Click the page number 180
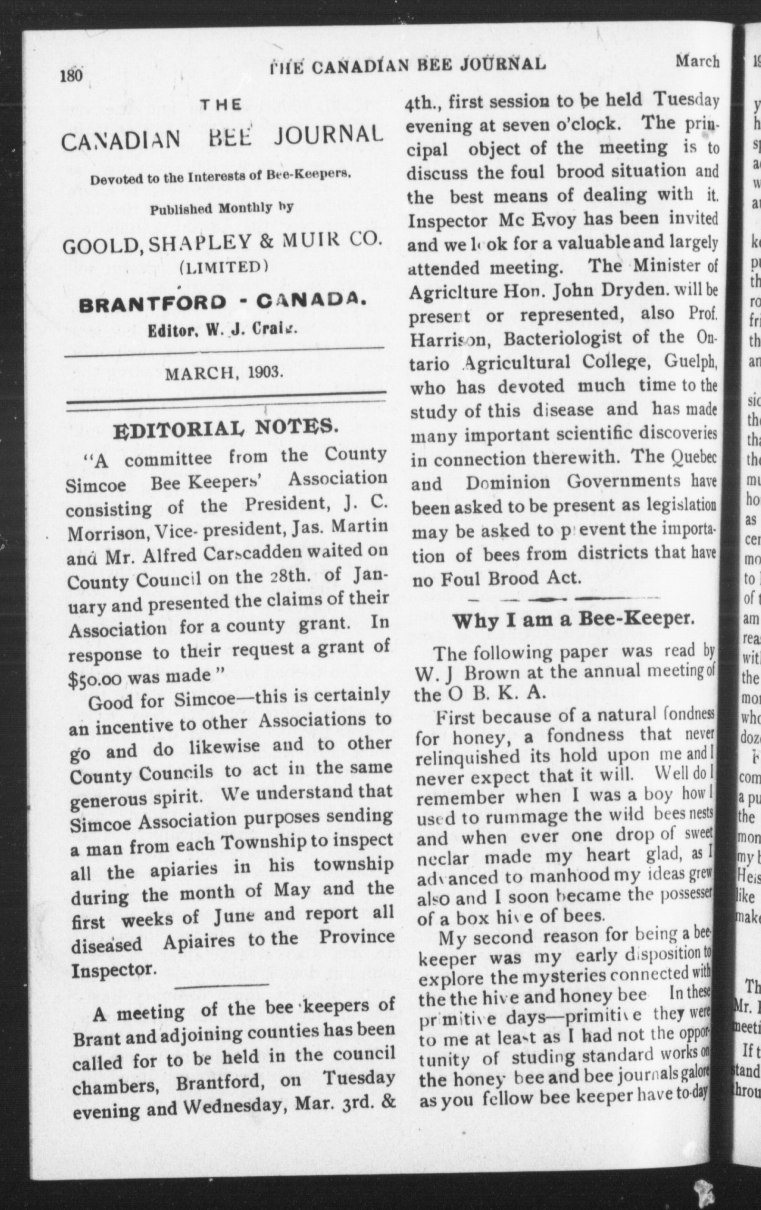point(71,76)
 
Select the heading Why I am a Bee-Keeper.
point(574,620)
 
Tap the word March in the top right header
point(697,61)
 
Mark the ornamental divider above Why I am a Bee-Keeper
point(563,599)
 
